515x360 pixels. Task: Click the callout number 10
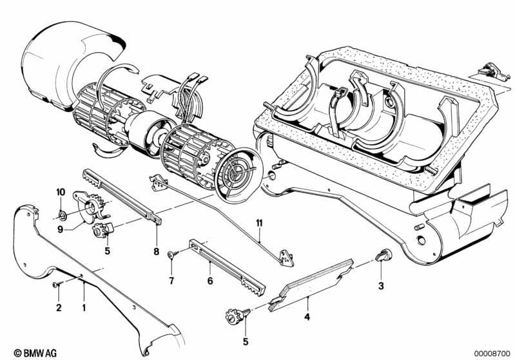tap(61, 192)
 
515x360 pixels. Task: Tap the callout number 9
tap(60, 229)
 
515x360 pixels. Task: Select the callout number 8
tap(157, 252)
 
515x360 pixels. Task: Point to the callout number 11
tap(260, 223)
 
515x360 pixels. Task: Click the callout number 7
tap(171, 281)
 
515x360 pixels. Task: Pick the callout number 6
tap(210, 281)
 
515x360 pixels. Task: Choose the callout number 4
tap(307, 317)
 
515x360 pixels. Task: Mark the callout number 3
tap(381, 286)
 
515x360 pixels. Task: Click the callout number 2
tap(59, 308)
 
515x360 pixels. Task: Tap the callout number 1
tap(84, 308)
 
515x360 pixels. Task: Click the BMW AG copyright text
tap(35, 353)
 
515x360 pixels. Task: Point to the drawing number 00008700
tap(492, 354)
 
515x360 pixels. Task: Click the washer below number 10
tap(63, 215)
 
